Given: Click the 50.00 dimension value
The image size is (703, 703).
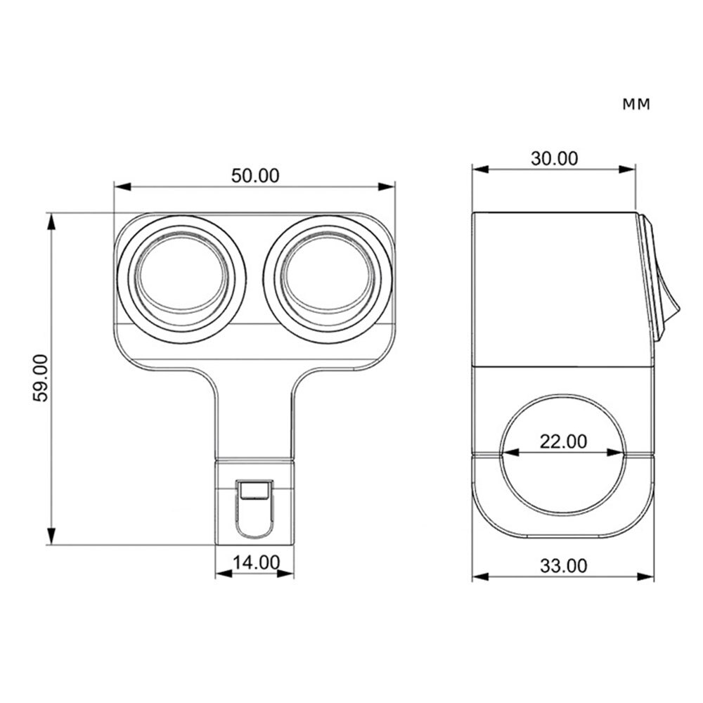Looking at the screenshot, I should pyautogui.click(x=254, y=176).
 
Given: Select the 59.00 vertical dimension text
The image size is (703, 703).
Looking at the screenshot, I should pyautogui.click(x=41, y=378).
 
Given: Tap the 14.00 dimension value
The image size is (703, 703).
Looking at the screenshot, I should pyautogui.click(x=254, y=562).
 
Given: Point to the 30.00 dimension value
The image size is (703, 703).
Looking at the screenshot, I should pyautogui.click(x=554, y=158).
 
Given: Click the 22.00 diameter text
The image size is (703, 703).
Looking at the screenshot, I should pyautogui.click(x=562, y=441).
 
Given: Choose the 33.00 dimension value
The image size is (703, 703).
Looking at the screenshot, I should pyautogui.click(x=562, y=565).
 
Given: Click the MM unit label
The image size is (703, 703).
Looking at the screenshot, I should pyautogui.click(x=636, y=105).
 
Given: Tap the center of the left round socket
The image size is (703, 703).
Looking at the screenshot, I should pyautogui.click(x=181, y=279).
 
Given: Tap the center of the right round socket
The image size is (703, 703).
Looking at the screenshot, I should pyautogui.click(x=328, y=279).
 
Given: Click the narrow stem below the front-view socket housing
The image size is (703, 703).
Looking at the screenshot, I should pyautogui.click(x=254, y=415).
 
